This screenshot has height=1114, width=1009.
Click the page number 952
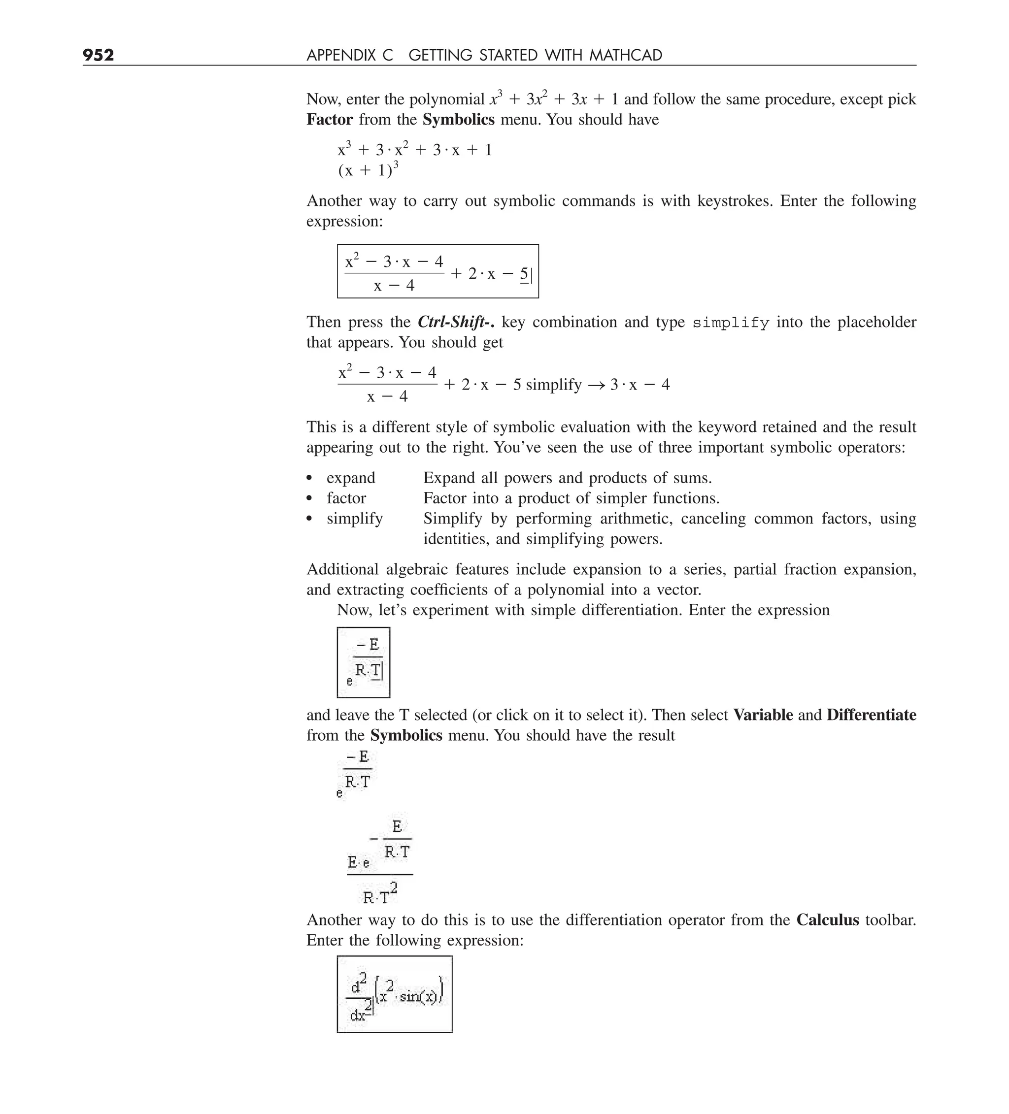click(99, 55)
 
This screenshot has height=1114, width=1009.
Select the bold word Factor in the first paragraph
click(330, 120)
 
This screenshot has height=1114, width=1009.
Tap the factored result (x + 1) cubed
click(368, 169)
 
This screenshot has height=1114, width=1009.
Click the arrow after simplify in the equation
click(597, 385)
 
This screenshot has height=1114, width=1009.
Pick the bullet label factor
click(346, 498)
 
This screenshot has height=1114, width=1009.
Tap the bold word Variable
click(763, 715)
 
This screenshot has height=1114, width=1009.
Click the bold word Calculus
click(827, 920)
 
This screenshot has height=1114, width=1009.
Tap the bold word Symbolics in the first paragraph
click(458, 120)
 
